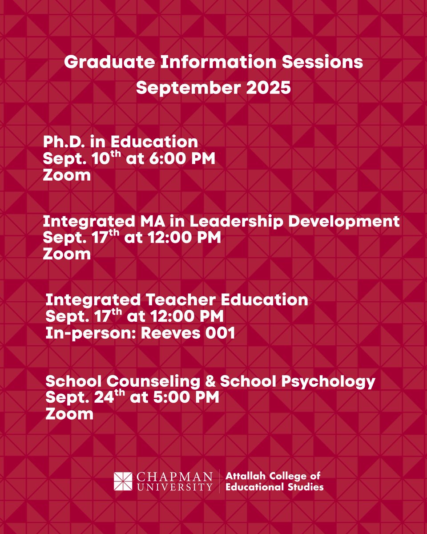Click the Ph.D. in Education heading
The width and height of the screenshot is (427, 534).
(120, 142)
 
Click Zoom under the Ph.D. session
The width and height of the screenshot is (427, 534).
(67, 175)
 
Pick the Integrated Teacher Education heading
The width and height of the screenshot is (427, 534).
(177, 299)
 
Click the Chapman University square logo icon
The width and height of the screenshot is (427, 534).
(124, 481)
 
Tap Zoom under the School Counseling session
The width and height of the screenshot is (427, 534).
(69, 414)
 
